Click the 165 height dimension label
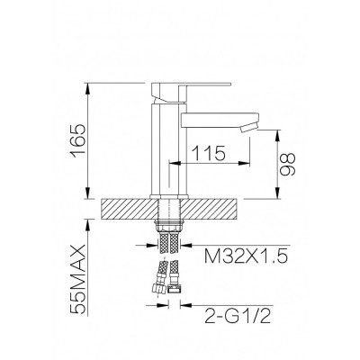[78, 140]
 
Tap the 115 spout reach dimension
[209, 153]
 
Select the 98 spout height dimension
[288, 164]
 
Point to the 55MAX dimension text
[78, 279]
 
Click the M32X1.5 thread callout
[246, 256]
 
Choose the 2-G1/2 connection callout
[238, 316]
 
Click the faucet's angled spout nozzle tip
[249, 127]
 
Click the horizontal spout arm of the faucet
[220, 119]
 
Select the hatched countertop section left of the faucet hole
[130, 209]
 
